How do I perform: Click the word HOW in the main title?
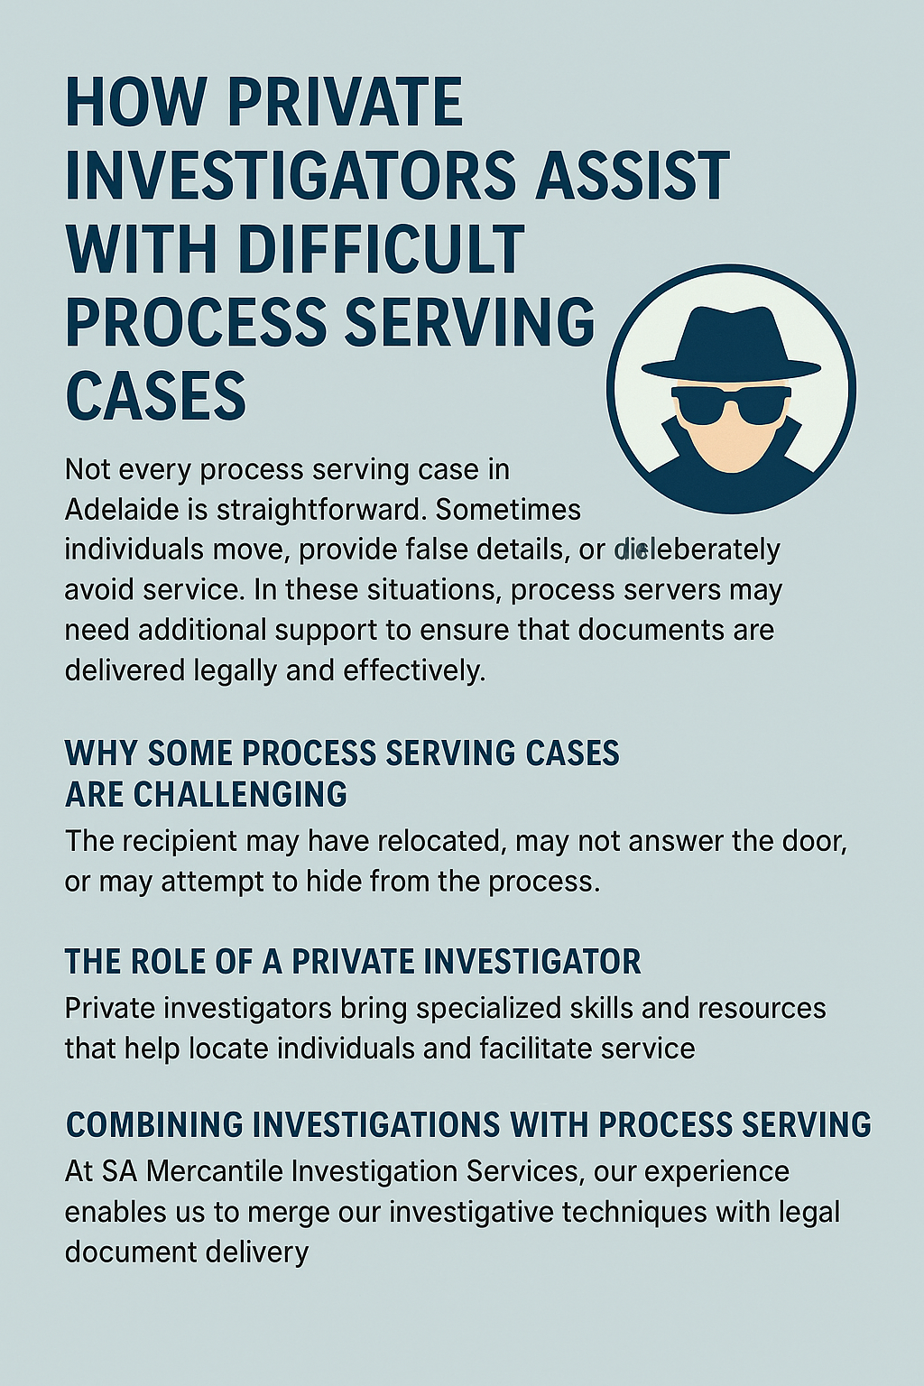pyautogui.click(x=135, y=103)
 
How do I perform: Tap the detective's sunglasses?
pyautogui.click(x=731, y=403)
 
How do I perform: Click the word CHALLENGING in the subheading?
pyautogui.click(x=240, y=794)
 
